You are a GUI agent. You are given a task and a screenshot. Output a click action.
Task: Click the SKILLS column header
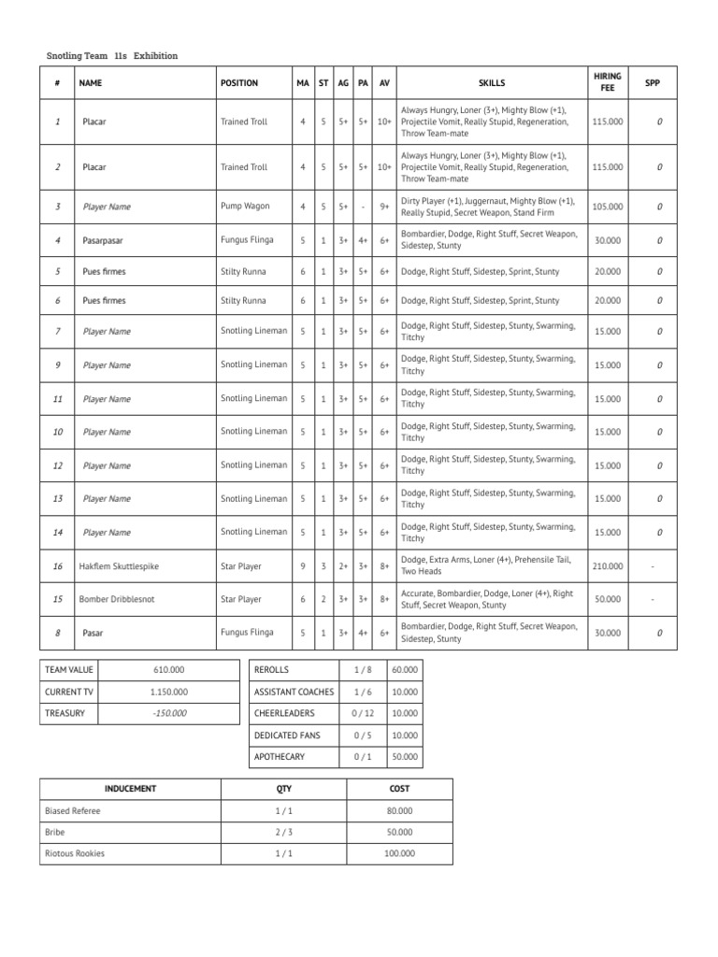tap(491, 83)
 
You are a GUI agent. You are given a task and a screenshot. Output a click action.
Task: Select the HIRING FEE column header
tap(608, 82)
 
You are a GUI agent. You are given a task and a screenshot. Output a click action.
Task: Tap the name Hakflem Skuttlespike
tap(117, 566)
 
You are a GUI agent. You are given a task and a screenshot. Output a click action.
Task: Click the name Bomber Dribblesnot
tap(114, 599)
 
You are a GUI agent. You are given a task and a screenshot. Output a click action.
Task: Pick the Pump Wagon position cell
tap(244, 207)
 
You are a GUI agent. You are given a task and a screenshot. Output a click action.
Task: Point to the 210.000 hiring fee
tap(608, 566)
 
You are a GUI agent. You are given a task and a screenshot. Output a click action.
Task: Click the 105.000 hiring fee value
tap(608, 207)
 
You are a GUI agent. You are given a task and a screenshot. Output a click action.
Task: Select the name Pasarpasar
tap(103, 240)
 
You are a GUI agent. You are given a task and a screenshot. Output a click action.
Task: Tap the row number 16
tap(58, 566)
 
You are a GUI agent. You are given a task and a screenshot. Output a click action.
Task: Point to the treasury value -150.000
tap(168, 713)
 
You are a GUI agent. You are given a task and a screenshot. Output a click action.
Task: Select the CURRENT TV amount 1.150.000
tap(168, 692)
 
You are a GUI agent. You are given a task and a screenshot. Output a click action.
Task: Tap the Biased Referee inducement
tap(73, 811)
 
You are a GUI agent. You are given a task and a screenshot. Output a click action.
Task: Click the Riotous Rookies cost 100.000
tap(399, 853)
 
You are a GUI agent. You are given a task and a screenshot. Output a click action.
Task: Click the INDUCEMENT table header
tap(130, 789)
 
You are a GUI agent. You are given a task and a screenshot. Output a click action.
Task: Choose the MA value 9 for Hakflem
tap(303, 566)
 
